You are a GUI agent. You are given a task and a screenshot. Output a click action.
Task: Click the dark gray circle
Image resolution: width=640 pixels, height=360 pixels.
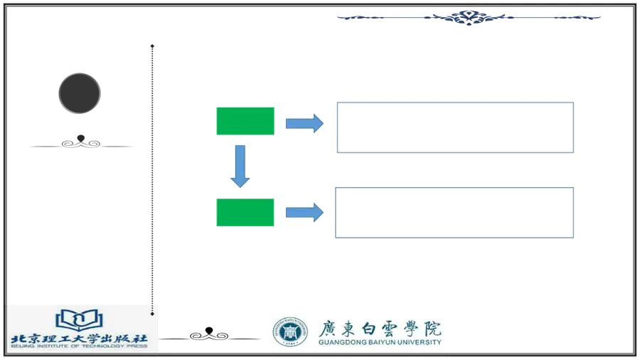pos(80,93)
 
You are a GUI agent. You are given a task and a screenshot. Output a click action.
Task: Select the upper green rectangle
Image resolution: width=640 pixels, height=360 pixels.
pos(245,121)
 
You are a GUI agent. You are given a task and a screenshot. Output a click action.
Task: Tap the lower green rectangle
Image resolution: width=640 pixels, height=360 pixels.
pos(245,212)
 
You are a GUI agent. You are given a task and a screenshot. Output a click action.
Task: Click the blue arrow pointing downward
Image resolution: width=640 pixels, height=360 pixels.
pos(240,166)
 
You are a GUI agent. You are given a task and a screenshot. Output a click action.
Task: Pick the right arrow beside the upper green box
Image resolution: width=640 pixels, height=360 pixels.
pos(304,123)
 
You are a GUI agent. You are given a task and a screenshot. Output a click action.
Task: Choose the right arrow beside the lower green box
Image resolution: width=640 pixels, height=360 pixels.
pos(304,212)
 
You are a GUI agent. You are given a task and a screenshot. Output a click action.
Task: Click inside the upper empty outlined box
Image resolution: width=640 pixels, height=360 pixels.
pos(455,127)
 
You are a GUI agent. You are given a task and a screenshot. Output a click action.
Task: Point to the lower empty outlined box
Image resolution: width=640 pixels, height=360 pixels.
pos(454,212)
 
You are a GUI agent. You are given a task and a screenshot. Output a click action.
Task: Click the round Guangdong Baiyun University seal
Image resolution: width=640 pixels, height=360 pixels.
pos(290,332)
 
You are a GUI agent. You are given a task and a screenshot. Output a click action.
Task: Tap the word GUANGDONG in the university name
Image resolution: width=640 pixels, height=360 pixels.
pos(342,342)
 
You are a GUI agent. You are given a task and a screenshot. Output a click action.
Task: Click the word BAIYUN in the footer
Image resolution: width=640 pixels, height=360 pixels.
pos(382,342)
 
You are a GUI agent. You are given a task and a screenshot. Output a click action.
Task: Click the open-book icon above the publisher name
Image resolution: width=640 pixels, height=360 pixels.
pos(79,320)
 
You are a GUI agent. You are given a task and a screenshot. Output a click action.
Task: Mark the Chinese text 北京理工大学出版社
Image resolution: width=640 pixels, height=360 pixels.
pos(79,339)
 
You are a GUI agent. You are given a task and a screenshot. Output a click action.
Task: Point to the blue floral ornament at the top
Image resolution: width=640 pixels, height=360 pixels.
pos(469,18)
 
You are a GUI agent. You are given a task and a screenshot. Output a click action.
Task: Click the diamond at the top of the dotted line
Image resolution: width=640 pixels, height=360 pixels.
pos(152,46)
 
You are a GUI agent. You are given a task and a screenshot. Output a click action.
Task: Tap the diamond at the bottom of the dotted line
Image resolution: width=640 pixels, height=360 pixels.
pos(152,314)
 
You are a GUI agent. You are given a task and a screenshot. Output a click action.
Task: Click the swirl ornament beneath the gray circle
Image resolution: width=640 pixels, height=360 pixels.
pos(81,142)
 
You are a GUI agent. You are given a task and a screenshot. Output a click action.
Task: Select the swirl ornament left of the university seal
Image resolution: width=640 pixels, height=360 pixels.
pos(209,334)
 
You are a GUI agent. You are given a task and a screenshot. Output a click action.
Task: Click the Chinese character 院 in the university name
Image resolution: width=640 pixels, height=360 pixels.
pos(432,328)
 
